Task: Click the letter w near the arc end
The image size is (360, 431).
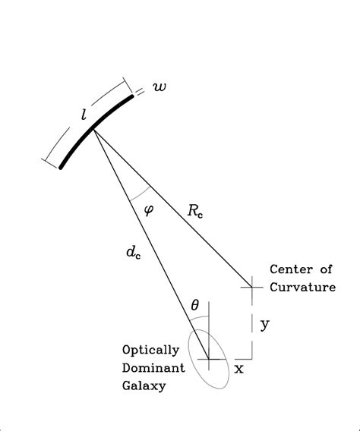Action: [159, 88]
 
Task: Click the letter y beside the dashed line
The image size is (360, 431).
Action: [265, 325]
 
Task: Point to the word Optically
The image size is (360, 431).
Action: [150, 350]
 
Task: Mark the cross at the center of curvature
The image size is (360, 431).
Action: [251, 287]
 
